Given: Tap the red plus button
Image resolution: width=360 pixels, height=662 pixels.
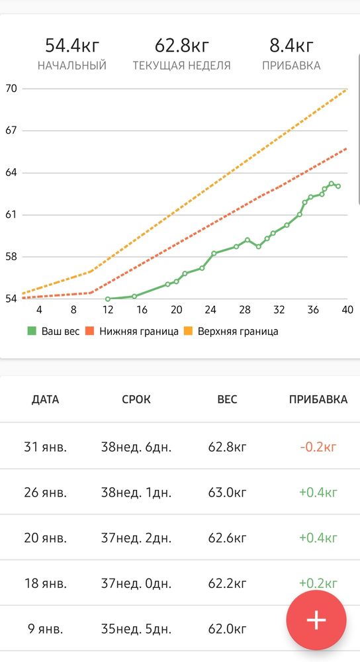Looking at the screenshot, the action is click(x=316, y=620).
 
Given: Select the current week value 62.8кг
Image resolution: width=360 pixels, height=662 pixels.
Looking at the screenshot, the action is click(x=182, y=46).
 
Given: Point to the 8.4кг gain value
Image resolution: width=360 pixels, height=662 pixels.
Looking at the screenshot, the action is click(x=291, y=46).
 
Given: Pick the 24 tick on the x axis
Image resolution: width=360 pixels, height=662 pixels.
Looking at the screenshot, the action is click(x=210, y=310).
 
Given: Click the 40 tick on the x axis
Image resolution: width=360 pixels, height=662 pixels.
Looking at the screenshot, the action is click(x=347, y=310).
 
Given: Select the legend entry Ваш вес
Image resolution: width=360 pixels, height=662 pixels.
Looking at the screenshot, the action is click(x=53, y=332).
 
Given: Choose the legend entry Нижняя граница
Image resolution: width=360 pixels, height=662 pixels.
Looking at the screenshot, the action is click(x=132, y=332).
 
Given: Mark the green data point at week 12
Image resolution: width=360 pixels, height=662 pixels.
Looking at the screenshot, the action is click(x=108, y=299).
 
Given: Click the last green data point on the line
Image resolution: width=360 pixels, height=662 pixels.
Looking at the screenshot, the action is click(x=338, y=186).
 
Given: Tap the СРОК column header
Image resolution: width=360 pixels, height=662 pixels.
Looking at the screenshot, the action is click(x=136, y=399).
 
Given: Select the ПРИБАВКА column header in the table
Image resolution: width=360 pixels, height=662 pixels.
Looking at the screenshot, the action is click(x=318, y=399).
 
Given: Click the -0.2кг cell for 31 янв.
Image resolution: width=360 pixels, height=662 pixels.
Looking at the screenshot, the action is click(x=318, y=447).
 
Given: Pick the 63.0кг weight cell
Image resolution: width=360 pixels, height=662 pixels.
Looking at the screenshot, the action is click(x=227, y=493).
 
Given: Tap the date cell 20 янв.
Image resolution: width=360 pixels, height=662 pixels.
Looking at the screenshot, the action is click(x=45, y=538).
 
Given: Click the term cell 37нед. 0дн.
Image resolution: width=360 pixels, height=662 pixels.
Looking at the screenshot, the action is click(x=136, y=584).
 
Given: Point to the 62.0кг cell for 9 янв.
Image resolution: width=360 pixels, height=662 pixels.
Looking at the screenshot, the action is click(x=227, y=630).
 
